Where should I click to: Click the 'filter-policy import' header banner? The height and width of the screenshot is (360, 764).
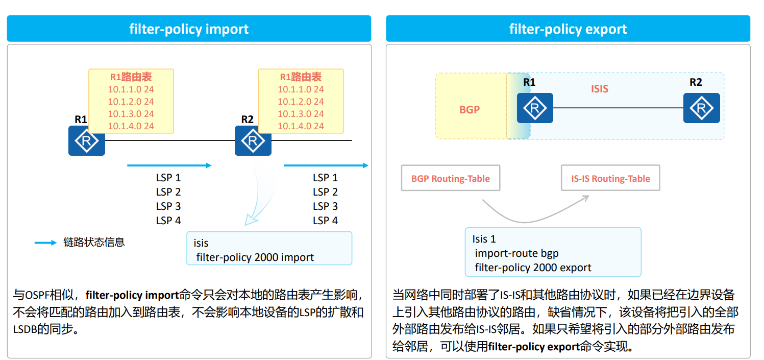tap(189, 29)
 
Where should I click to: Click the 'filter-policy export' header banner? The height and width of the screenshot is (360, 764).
tap(568, 29)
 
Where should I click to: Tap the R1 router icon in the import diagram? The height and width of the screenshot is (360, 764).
tap(87, 140)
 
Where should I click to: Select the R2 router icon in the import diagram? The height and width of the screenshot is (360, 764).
tap(253, 140)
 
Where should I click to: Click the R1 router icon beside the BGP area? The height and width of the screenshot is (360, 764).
tap(534, 108)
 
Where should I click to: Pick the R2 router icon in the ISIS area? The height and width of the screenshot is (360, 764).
tap(701, 108)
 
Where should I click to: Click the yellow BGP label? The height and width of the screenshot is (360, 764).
tap(470, 109)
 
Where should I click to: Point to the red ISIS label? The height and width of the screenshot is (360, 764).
tap(600, 89)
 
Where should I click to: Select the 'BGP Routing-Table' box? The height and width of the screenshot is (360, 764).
tap(450, 178)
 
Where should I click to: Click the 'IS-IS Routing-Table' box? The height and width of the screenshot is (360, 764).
tap(610, 178)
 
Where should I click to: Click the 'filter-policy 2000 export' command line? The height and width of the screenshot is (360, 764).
tap(533, 268)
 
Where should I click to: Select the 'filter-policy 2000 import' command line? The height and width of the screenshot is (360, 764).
tap(255, 257)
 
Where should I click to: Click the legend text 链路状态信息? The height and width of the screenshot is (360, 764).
tap(94, 243)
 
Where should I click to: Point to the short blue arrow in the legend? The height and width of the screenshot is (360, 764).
tap(45, 243)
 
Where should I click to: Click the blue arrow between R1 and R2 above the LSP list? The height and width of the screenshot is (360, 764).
tap(169, 165)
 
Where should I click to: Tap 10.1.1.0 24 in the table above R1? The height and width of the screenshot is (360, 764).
tap(131, 89)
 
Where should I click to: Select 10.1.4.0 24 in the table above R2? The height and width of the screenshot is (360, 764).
tap(301, 126)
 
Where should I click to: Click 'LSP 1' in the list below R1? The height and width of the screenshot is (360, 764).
tap(168, 178)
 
